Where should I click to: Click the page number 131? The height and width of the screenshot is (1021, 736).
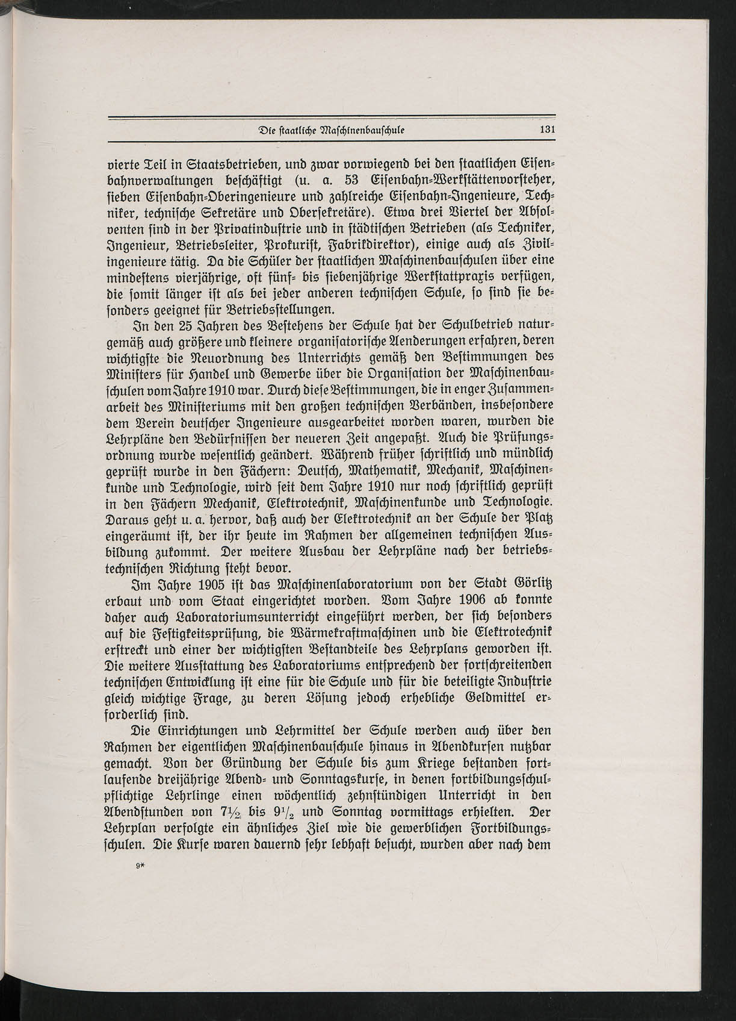(546, 129)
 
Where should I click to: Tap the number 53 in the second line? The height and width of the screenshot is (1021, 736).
(353, 179)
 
